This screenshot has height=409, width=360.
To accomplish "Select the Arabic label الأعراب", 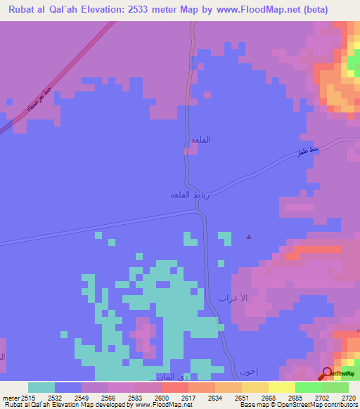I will click(x=234, y=298).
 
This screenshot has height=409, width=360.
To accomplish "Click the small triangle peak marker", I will click(x=248, y=237).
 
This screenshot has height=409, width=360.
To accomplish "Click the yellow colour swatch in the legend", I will click(x=282, y=387).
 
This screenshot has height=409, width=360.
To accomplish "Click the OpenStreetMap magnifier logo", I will click(x=327, y=373).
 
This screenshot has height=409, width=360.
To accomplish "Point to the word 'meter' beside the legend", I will click(x=11, y=397).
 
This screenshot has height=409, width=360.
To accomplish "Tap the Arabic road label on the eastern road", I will click(x=309, y=150).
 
